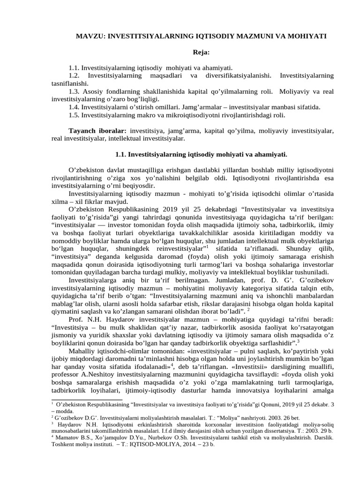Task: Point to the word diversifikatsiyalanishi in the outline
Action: click(238, 75)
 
